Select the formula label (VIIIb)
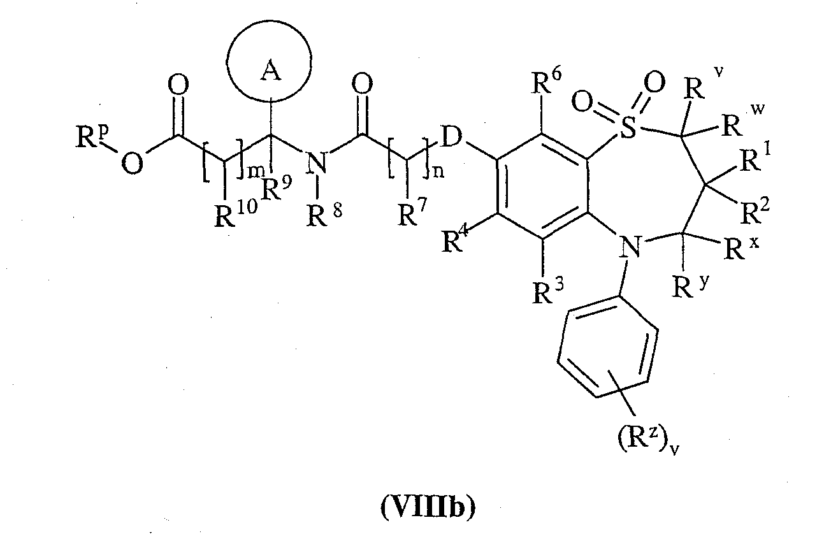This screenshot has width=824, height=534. coord(428,508)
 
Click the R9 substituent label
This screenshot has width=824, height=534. coord(277,188)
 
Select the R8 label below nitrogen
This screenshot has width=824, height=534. coord(324,215)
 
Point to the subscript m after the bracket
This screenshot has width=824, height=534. coord(254,173)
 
